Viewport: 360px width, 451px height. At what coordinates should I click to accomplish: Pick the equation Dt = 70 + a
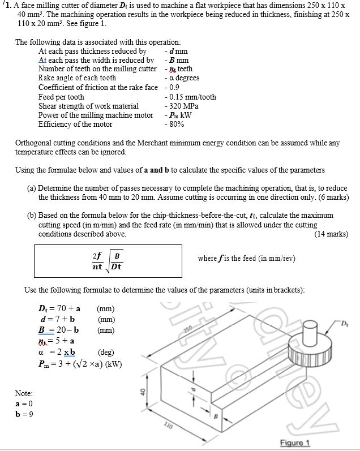57,309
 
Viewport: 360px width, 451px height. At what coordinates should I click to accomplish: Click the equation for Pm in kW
76,363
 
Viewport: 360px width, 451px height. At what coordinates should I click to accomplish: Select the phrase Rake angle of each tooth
77,78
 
